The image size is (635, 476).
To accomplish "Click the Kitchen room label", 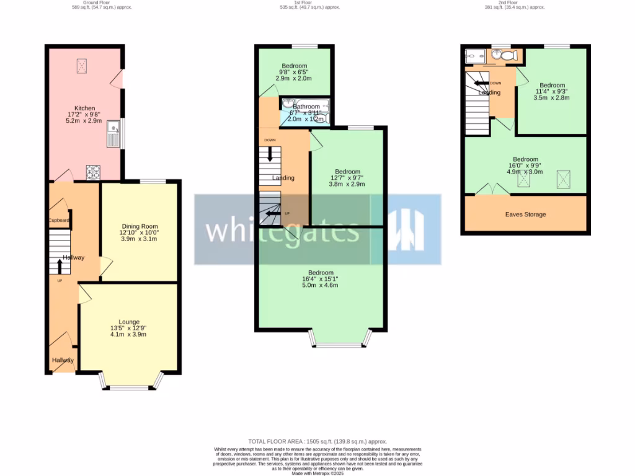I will click(x=84, y=108).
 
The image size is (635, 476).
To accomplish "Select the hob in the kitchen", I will click(x=93, y=172).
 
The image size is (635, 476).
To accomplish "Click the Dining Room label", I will click(x=140, y=227).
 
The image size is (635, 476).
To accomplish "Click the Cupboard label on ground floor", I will click(x=60, y=221).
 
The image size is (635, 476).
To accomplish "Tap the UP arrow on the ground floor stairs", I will click(x=60, y=267).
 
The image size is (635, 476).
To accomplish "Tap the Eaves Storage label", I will click(x=525, y=214).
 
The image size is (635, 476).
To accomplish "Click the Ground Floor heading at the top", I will click(x=102, y=2).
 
